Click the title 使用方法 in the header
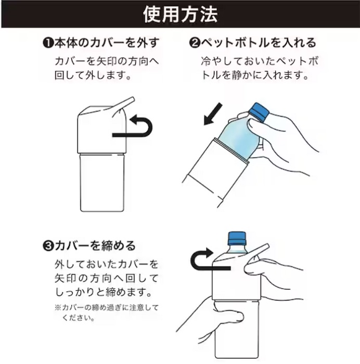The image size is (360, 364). [x=180, y=14]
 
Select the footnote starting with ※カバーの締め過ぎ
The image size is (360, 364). [x=104, y=311]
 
